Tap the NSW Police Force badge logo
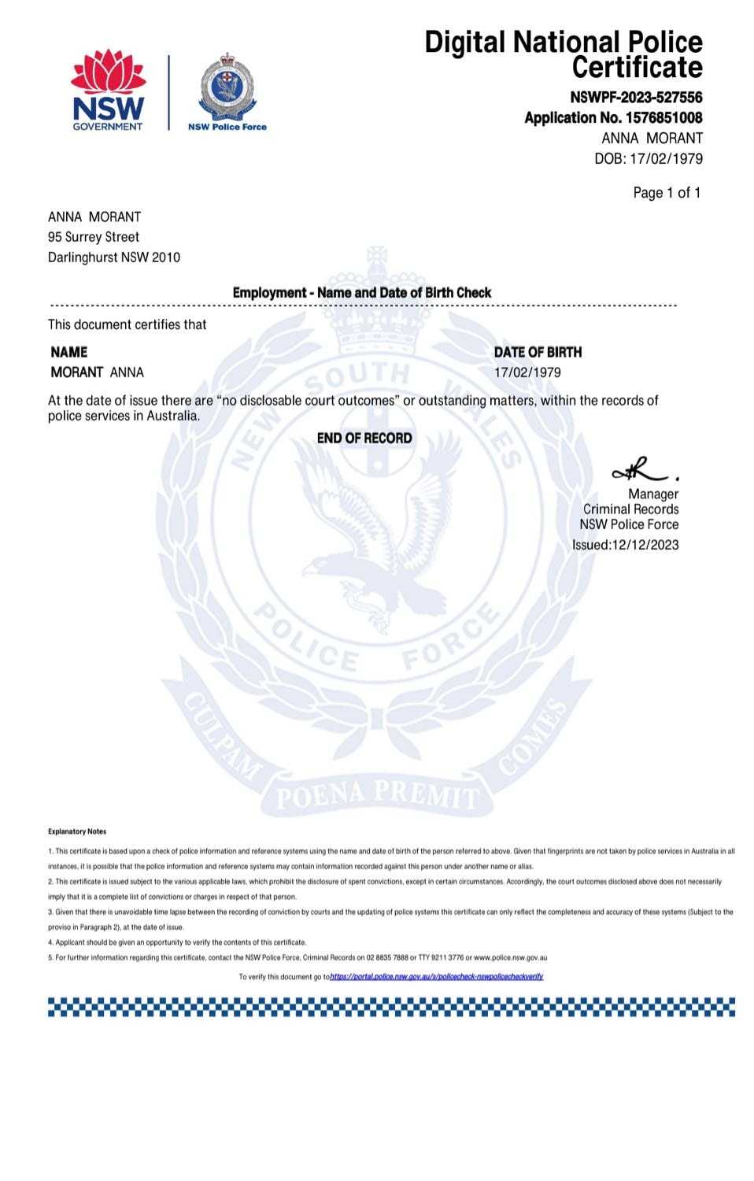click(227, 90)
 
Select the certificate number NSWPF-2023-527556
click(636, 98)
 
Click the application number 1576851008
click(663, 118)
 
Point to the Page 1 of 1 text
click(666, 193)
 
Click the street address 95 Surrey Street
click(94, 237)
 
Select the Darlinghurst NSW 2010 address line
click(114, 257)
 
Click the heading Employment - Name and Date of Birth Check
click(361, 293)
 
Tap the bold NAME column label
click(69, 352)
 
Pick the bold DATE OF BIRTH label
click(538, 352)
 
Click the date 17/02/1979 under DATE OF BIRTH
click(527, 372)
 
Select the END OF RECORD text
click(364, 439)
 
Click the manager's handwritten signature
click(641, 470)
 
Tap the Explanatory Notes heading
click(77, 831)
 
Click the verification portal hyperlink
click(437, 976)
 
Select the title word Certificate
click(637, 68)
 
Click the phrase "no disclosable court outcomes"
click(307, 401)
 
